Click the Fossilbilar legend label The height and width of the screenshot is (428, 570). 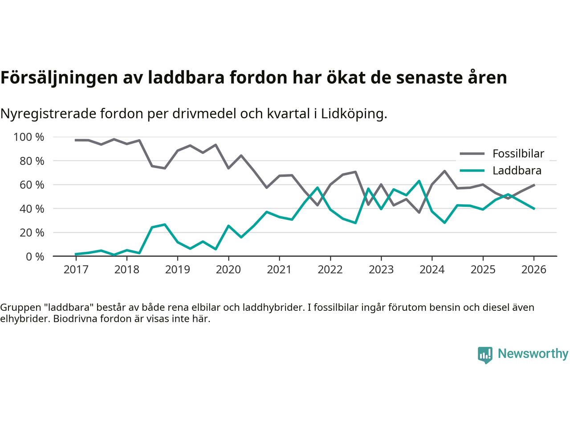tap(518, 154)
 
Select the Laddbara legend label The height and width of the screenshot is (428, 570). tap(517, 171)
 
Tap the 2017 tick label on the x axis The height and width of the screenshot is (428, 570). tap(76, 270)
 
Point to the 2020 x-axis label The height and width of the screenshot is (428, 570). tap(228, 270)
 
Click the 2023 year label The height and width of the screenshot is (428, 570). tap(381, 270)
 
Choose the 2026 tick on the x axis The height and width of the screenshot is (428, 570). tap(533, 270)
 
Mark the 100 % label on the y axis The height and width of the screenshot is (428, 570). tap(29, 137)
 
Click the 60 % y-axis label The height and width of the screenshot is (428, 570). tap(32, 185)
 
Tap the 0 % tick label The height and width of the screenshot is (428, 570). tap(35, 256)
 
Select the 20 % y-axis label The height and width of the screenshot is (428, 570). tap(32, 232)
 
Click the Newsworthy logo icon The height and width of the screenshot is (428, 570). tap(485, 355)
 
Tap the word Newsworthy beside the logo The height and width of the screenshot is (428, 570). tap(533, 354)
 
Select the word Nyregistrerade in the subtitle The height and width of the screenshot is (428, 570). tap(48, 114)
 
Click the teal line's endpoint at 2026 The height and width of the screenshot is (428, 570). tap(534, 209)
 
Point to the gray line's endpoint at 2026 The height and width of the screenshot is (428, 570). tap(534, 185)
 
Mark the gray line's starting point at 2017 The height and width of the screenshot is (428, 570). tap(76, 140)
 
